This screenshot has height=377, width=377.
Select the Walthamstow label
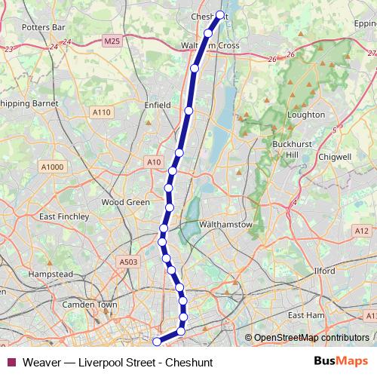(x=223, y=225)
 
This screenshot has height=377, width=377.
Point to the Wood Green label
(x=126, y=202)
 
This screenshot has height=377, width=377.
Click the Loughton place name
(x=306, y=115)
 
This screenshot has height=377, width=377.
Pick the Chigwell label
(x=336, y=157)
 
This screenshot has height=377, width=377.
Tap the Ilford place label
(x=324, y=269)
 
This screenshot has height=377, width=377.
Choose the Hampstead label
(x=51, y=274)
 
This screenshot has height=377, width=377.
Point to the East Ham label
(x=305, y=314)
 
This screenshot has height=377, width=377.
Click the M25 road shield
(x=112, y=41)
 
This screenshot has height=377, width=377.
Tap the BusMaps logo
(x=339, y=361)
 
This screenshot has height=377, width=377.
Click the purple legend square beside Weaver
(x=11, y=362)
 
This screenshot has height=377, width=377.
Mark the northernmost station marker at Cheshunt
(x=220, y=14)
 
